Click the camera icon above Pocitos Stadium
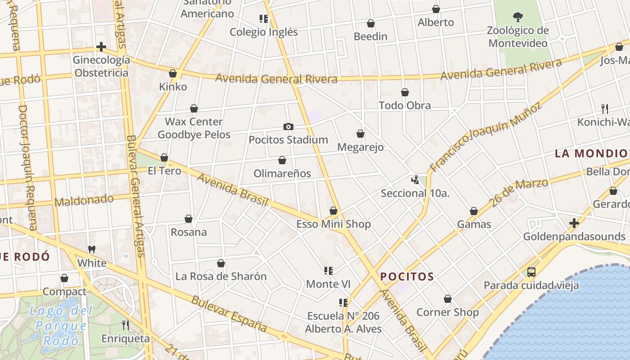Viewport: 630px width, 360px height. point(288,127)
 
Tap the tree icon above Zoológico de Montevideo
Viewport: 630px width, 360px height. point(518,17)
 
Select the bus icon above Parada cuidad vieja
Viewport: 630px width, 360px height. point(531,272)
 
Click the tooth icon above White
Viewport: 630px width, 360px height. point(92,249)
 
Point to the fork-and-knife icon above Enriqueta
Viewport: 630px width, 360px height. point(126,325)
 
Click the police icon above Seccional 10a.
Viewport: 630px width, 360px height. point(415,180)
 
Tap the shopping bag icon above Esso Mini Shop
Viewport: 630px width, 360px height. point(333,211)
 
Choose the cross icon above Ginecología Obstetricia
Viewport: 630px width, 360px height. point(101,47)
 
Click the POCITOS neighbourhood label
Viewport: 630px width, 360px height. point(407,277)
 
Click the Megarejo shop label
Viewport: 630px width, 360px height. point(360,147)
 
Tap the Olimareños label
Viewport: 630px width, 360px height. point(282,173)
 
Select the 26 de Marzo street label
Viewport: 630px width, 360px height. point(519,193)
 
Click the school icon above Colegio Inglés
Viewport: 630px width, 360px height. point(264,19)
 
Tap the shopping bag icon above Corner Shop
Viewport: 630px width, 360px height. point(448,299)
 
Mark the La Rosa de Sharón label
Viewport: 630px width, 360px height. point(221,276)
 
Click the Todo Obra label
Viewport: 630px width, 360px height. point(405,105)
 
